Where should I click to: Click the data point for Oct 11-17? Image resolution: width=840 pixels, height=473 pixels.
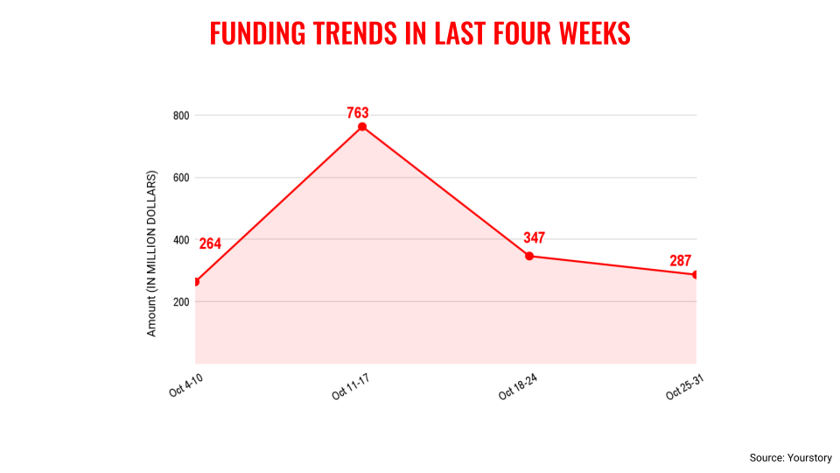(362, 127)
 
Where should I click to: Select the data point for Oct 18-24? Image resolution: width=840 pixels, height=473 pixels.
(529, 256)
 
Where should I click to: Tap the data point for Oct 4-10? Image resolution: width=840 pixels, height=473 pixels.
(196, 281)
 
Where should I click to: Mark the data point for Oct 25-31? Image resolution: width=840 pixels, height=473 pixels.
(696, 274)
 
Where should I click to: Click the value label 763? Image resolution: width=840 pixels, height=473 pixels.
(357, 112)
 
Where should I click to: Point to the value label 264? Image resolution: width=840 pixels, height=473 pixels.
(210, 244)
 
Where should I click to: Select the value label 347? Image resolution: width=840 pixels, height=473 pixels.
(535, 237)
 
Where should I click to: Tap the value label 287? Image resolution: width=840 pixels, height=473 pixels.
(681, 260)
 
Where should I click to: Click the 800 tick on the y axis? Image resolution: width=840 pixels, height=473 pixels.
(181, 116)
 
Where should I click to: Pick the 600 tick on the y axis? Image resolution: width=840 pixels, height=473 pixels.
(181, 178)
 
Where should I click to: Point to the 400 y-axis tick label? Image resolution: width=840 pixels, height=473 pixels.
(181, 240)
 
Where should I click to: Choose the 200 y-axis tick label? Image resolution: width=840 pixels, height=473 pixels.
(181, 302)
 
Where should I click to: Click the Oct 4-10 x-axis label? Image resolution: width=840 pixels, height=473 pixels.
(185, 384)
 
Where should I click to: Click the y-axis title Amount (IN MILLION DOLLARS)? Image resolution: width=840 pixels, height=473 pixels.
(151, 254)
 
